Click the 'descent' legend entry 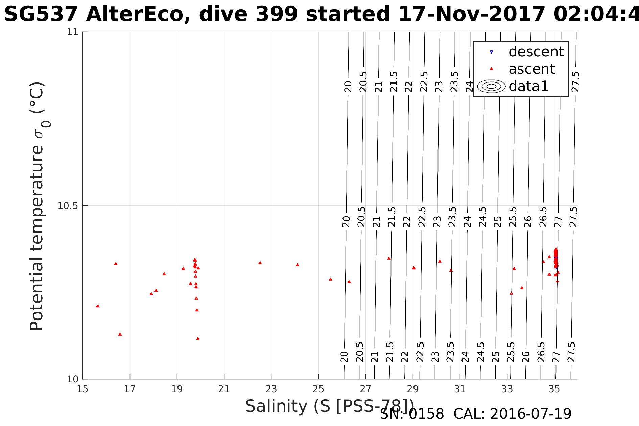coord(536,52)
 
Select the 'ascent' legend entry coord(531,69)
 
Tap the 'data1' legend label coord(528,86)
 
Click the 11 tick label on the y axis coord(72,32)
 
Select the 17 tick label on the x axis coord(130,389)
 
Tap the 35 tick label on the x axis coord(554,389)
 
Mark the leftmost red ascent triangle coord(98,306)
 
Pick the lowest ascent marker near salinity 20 coord(198,338)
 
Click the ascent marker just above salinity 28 coord(389,258)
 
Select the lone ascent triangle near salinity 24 coord(297,265)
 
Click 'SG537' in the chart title coord(41,15)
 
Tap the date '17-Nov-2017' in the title coord(472,15)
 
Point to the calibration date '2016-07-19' coord(531,414)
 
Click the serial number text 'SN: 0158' coord(412,414)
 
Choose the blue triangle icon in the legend coord(492,52)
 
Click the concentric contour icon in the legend coord(492,86)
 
